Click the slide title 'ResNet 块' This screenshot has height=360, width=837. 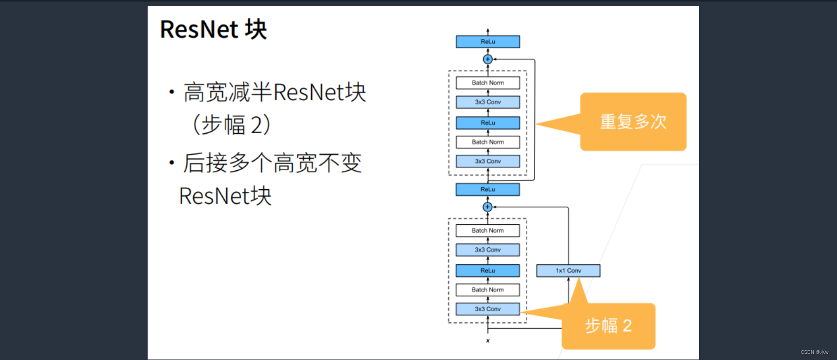pyautogui.click(x=213, y=29)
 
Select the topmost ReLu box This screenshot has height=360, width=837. pyautogui.click(x=488, y=42)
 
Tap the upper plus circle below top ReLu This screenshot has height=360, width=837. pyautogui.click(x=488, y=59)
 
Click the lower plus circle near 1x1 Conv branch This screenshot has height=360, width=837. pyautogui.click(x=488, y=207)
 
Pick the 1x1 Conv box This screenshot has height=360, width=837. pyautogui.click(x=568, y=271)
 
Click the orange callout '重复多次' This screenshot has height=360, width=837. pyautogui.click(x=633, y=122)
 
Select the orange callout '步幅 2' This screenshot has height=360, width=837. pyautogui.click(x=608, y=326)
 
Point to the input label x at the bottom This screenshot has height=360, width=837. pyautogui.click(x=488, y=341)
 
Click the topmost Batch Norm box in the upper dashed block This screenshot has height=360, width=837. pyautogui.click(x=488, y=83)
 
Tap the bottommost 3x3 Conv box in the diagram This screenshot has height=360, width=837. pyautogui.click(x=488, y=309)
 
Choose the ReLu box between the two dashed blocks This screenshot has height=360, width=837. pyautogui.click(x=488, y=189)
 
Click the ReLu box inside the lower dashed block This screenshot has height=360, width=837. pyautogui.click(x=488, y=271)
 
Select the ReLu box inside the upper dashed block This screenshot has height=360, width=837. pyautogui.click(x=488, y=123)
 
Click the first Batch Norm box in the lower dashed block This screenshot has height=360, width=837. pyautogui.click(x=488, y=230)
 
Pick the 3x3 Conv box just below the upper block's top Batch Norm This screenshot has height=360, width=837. pyautogui.click(x=488, y=102)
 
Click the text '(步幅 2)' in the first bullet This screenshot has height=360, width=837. pyautogui.click(x=231, y=125)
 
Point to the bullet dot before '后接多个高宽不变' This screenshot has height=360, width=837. pyautogui.click(x=172, y=164)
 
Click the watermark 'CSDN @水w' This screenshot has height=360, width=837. pyautogui.click(x=814, y=352)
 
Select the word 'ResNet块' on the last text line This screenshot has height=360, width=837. pyautogui.click(x=225, y=196)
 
